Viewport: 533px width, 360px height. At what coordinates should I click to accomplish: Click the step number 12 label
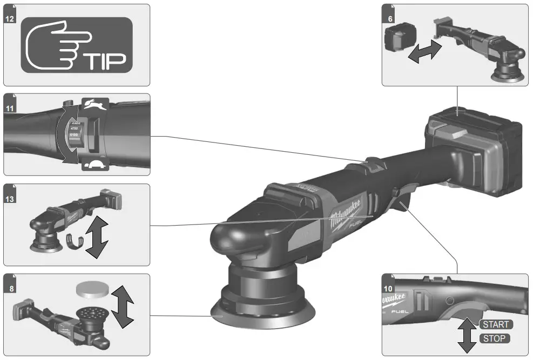(x=10, y=18)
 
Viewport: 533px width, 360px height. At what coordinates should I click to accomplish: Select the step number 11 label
(x=10, y=108)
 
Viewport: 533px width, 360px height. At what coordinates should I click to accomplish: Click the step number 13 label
(x=10, y=198)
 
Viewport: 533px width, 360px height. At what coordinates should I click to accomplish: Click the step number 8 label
(x=10, y=288)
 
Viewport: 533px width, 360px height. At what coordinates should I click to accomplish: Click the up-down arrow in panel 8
(x=124, y=307)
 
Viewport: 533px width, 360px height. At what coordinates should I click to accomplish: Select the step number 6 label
(x=388, y=18)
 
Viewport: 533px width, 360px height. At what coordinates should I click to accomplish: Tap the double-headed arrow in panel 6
(x=424, y=53)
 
